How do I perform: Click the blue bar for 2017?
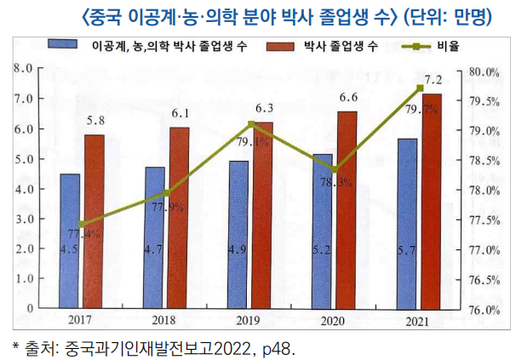pos(70,240)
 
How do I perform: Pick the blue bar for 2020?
pos(323,231)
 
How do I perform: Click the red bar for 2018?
pos(179,217)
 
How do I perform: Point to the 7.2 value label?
pos(432,81)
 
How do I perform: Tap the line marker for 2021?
pos(420,88)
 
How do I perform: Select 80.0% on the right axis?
pos(484,72)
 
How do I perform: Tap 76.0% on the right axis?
pos(484,310)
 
